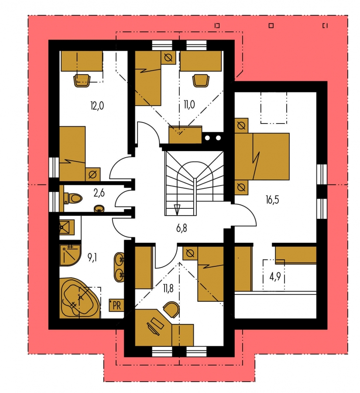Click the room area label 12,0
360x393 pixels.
point(97,106)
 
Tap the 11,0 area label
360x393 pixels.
point(189,104)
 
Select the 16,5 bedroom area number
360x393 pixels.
point(272,200)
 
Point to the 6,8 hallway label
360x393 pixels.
point(182,228)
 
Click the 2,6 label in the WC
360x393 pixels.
point(99,193)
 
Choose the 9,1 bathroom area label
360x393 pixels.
point(92,257)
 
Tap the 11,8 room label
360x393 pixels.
point(168,289)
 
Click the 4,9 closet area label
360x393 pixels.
point(275,277)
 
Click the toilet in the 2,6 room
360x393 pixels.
point(73,198)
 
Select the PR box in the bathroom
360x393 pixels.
point(116,305)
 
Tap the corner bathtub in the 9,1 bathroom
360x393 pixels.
point(80,298)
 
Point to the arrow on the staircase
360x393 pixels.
point(177,210)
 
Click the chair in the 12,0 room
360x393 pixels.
point(82,80)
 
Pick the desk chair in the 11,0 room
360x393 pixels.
point(201,80)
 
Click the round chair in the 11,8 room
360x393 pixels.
point(171,310)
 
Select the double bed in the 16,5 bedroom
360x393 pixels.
point(262,156)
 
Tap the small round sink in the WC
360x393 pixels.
point(99,209)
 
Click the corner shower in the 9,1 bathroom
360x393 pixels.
point(70,255)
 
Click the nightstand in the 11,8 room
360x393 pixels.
point(190,253)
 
